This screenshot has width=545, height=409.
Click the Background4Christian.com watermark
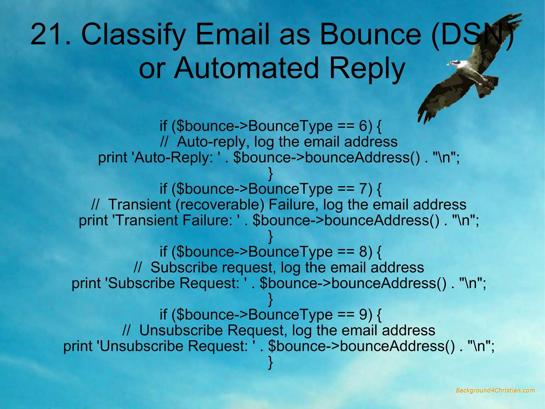(495, 391)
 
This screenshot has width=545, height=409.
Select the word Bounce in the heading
(371, 35)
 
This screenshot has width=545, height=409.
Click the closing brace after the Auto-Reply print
(271, 174)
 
